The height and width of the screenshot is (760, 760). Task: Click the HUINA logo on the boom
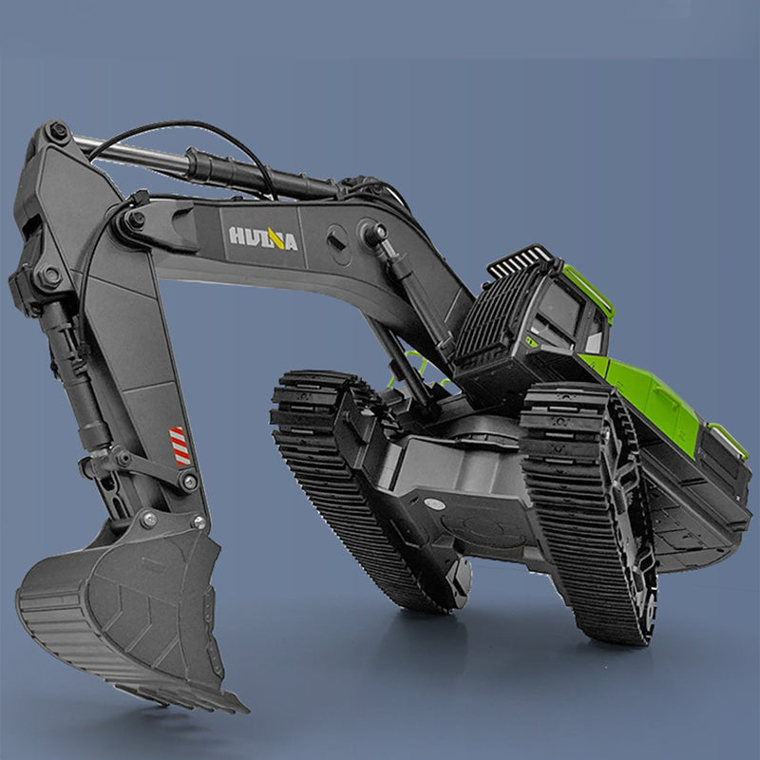tap(262, 237)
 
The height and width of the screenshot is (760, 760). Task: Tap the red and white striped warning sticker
tap(180, 446)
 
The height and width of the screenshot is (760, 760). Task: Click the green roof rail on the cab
tap(588, 289)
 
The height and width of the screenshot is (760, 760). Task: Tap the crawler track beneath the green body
tap(589, 513)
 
